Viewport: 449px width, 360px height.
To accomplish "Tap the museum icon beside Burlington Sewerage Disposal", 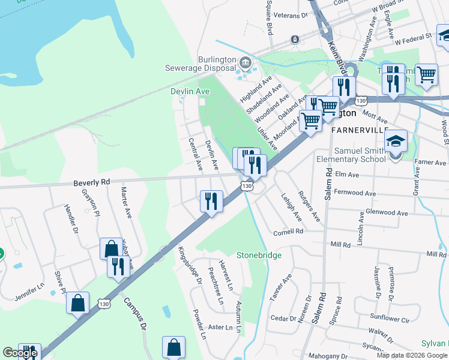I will (244, 62).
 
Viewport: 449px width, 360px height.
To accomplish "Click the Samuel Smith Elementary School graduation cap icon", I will (396, 142).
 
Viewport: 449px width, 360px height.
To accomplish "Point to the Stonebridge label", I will (259, 256).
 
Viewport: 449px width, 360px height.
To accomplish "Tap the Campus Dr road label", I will (136, 314).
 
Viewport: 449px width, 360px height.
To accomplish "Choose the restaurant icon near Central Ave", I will (211, 201).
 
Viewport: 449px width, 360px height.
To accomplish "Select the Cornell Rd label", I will (289, 231).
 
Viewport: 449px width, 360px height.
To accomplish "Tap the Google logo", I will (19, 353).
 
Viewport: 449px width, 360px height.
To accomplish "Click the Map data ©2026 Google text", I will (412, 355).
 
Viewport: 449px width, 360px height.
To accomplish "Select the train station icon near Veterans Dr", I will (295, 40).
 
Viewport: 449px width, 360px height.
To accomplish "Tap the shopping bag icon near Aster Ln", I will (173, 347).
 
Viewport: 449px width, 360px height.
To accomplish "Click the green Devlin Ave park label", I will (190, 91).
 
